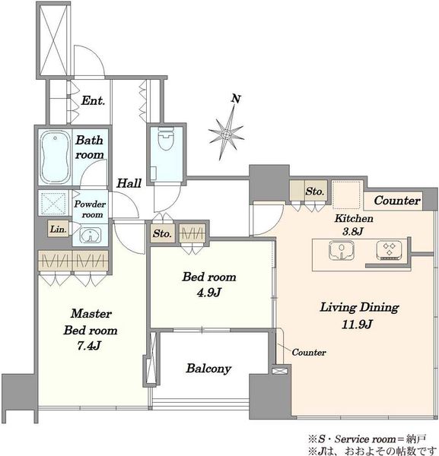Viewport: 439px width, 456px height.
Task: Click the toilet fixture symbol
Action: click(x=166, y=138)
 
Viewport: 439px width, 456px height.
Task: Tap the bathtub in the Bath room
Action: click(x=55, y=157)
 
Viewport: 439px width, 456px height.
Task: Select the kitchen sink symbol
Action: click(x=341, y=250)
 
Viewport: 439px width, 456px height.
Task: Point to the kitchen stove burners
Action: click(x=390, y=250)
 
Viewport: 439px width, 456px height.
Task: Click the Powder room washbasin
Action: click(x=91, y=235)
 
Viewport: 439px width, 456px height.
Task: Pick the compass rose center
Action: click(x=226, y=134)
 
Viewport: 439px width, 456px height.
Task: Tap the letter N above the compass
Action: click(x=236, y=99)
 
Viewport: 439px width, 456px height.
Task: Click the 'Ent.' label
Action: click(x=93, y=100)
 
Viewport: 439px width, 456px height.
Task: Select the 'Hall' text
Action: click(x=129, y=183)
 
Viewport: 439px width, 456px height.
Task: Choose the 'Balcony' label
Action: click(x=208, y=369)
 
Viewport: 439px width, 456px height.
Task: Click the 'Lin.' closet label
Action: click(x=59, y=230)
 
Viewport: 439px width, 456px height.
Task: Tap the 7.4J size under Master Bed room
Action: click(x=89, y=346)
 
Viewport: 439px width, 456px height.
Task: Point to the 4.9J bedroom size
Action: click(x=209, y=293)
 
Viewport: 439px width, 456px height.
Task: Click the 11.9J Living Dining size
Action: click(x=357, y=324)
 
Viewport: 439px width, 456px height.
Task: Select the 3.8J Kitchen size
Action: click(x=353, y=232)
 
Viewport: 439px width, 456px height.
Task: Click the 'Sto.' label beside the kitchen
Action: click(x=314, y=192)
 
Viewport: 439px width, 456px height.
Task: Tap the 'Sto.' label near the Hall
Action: click(x=162, y=233)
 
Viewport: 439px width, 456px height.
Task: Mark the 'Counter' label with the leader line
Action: click(x=309, y=352)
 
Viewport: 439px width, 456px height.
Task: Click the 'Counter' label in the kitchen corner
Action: click(x=397, y=201)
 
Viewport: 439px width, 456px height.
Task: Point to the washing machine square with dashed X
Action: click(x=53, y=202)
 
